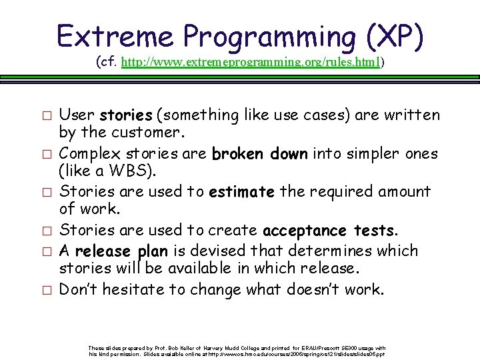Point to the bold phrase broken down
259,154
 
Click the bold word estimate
241,193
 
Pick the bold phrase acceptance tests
330,231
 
